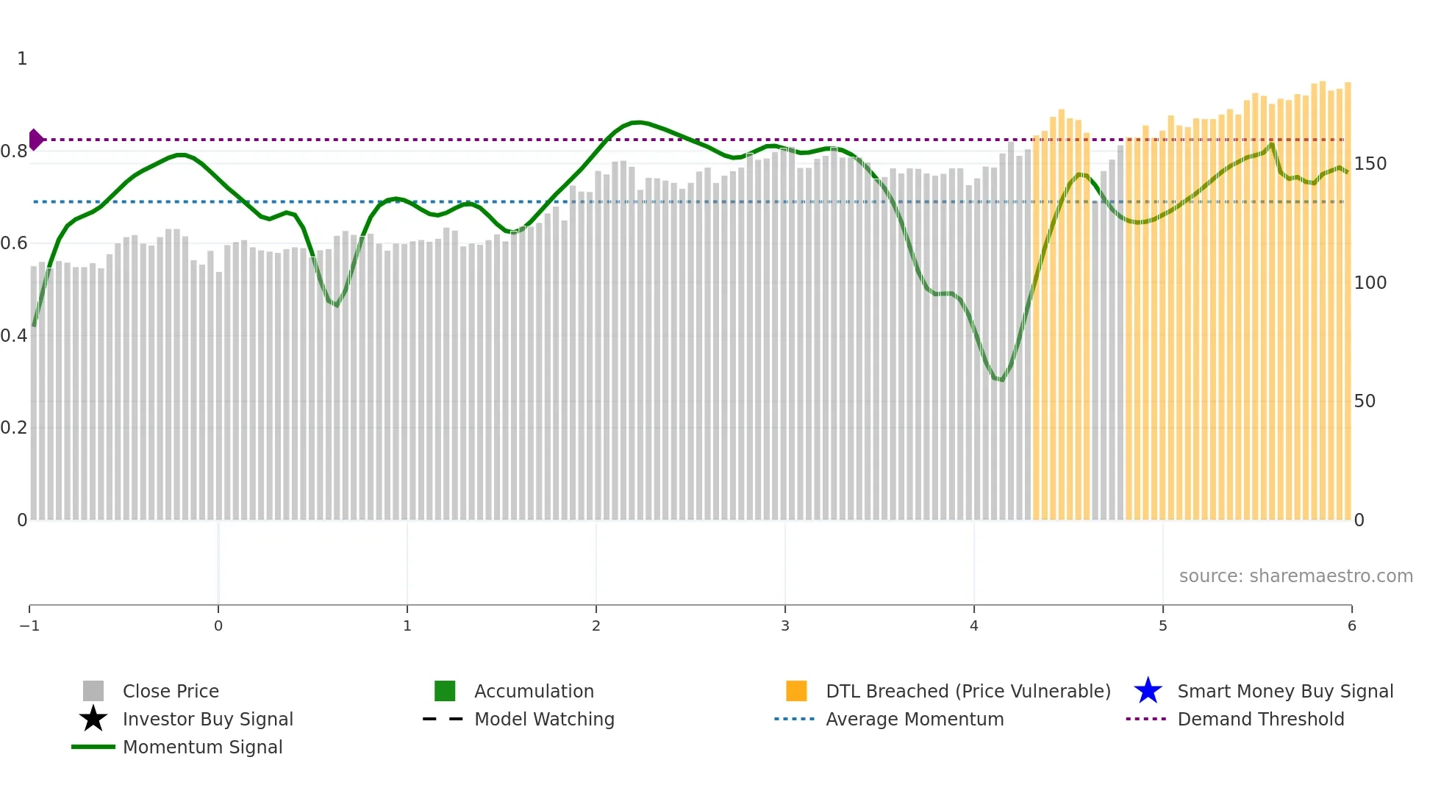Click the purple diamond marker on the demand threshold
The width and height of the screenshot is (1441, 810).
[x=36, y=140]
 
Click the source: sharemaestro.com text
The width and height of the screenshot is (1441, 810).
[x=1295, y=576]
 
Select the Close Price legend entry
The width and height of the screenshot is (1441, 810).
[x=171, y=692]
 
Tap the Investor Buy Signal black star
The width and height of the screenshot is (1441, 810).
[x=93, y=719]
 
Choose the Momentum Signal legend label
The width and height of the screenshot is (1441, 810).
[x=202, y=748]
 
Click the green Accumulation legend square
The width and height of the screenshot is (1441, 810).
[x=445, y=691]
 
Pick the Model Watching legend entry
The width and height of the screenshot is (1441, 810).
[x=544, y=720]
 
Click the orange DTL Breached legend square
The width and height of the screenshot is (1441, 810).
[x=796, y=691]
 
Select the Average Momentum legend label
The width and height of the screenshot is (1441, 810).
[x=915, y=720]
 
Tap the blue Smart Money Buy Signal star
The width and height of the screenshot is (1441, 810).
[x=1148, y=691]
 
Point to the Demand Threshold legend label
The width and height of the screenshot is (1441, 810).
[x=1260, y=720]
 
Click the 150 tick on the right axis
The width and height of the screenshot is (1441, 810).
[x=1370, y=164]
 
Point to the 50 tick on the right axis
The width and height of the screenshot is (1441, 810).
[x=1365, y=401]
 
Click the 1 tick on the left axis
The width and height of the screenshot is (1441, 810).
[x=22, y=59]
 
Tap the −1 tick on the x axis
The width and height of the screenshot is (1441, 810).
[x=29, y=626]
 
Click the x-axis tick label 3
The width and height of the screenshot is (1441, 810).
[x=785, y=626]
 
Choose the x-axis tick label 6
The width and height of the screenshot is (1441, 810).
[x=1351, y=626]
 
